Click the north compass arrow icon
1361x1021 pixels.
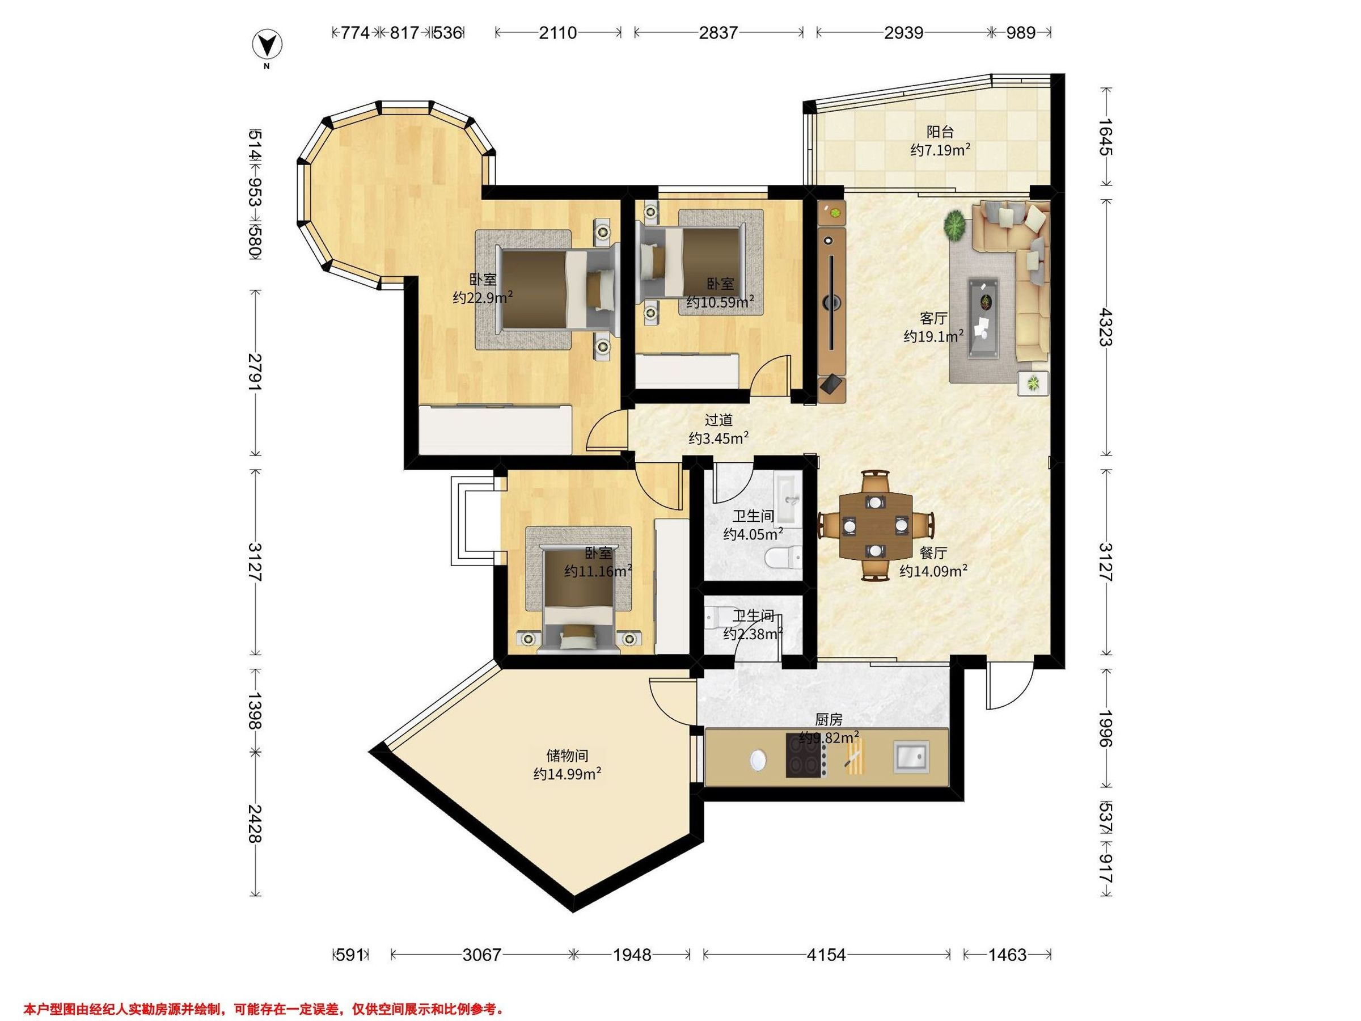pyautogui.click(x=267, y=45)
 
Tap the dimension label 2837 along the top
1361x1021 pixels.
pyautogui.click(x=718, y=33)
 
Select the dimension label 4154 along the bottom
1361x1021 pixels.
pyautogui.click(x=826, y=955)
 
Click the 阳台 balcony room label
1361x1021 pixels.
pyautogui.click(x=940, y=131)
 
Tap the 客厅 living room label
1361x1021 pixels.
pyautogui.click(x=933, y=318)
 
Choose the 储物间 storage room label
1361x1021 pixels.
pyautogui.click(x=567, y=755)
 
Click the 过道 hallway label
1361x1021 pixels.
pyautogui.click(x=718, y=420)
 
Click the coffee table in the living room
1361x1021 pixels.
pyautogui.click(x=983, y=318)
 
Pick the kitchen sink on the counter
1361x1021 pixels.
pyautogui.click(x=911, y=758)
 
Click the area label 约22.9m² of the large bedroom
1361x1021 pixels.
pyautogui.click(x=483, y=298)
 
